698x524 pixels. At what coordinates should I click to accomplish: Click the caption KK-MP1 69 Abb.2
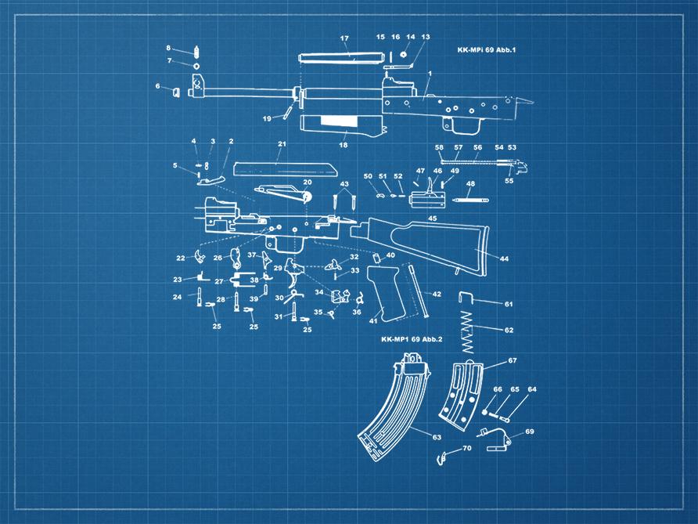pyautogui.click(x=412, y=339)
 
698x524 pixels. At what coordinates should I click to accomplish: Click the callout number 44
pyautogui.click(x=504, y=258)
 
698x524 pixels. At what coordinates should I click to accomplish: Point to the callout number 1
pyautogui.click(x=430, y=74)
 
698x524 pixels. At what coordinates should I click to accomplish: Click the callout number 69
pyautogui.click(x=529, y=432)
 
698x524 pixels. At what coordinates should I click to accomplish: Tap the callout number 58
pyautogui.click(x=440, y=147)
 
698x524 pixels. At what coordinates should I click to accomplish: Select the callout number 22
pyautogui.click(x=180, y=258)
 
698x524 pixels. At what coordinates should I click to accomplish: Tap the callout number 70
pyautogui.click(x=467, y=449)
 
